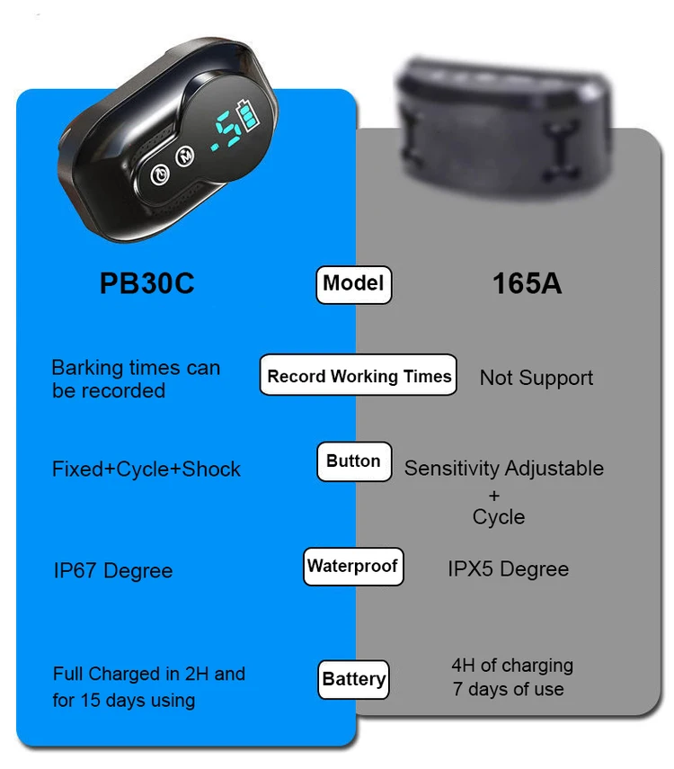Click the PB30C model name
click(146, 284)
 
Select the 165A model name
click(527, 284)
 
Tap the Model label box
click(353, 284)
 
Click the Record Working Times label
click(359, 376)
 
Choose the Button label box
click(353, 461)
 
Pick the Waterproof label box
click(352, 567)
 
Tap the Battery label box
click(354, 679)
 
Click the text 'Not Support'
click(536, 378)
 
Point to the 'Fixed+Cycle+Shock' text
click(146, 469)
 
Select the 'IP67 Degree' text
click(113, 571)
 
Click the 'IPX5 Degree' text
click(508, 569)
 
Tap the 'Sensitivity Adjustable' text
click(503, 469)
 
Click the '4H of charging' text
click(512, 666)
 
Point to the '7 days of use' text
click(509, 690)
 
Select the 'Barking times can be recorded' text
click(135, 379)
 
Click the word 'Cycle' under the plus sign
click(499, 517)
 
